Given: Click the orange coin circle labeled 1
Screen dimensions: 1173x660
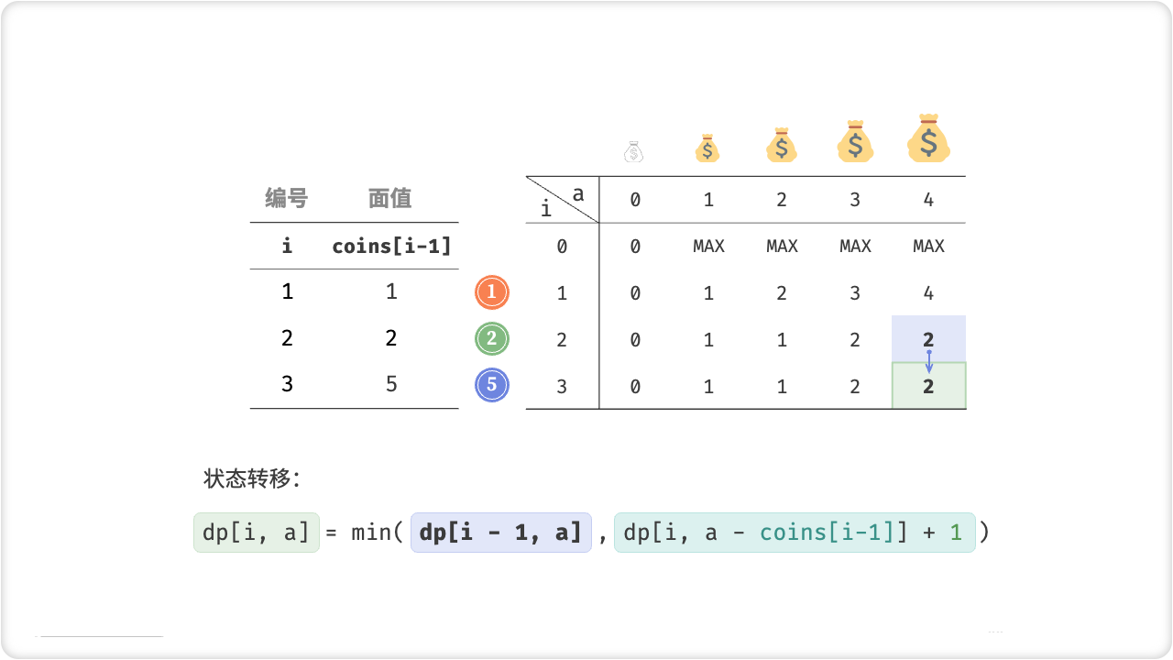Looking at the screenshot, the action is coord(492,292).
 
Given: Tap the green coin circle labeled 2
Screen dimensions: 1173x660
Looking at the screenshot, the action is coord(492,339).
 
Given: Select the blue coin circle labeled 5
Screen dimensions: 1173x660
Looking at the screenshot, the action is coord(492,385).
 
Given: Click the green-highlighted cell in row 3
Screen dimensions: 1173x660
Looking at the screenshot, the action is coord(928,386).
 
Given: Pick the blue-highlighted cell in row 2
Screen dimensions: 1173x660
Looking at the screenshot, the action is coord(928,337).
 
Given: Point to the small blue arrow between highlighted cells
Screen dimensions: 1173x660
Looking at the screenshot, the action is coord(928,361).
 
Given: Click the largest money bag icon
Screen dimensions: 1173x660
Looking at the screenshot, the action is coord(928,139).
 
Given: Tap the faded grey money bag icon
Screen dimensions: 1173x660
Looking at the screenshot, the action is coord(634,151).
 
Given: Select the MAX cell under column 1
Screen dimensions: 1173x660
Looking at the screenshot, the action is coord(708,246).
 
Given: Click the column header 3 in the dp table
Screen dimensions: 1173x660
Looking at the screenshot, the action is coord(855,200).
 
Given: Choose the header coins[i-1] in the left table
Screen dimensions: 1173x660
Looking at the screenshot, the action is coord(391,246).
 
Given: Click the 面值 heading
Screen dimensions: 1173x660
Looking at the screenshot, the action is coord(390,198).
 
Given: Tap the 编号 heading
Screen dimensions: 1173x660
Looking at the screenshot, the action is coord(287,198).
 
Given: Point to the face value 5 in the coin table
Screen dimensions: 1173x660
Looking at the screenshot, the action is coord(391,384).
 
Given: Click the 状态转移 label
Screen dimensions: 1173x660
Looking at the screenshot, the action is coord(252,478).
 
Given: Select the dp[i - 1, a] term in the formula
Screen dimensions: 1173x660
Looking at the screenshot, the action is coord(500,533).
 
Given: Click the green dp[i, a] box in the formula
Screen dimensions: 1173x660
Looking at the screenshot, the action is coord(257,533).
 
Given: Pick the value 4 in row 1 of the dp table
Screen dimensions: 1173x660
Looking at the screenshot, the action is coord(928,293).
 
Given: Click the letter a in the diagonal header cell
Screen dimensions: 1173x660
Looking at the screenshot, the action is coord(577,193).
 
